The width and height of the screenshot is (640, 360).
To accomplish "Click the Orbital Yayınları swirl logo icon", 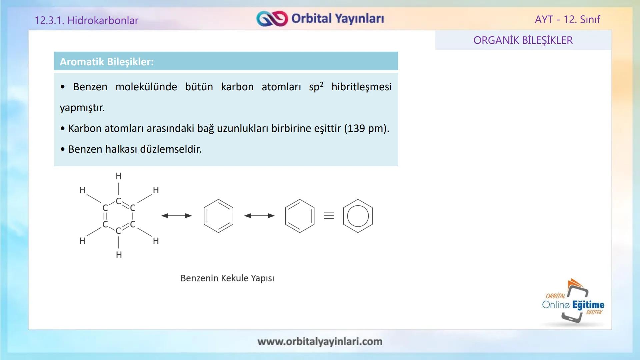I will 272,19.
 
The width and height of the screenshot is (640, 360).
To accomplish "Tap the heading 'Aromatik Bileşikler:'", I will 107,62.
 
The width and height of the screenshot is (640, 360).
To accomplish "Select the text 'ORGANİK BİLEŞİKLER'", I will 523,40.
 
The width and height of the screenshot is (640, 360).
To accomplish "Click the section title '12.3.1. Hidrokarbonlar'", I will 86,20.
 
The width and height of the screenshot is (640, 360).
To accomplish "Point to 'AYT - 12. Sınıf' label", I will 567,19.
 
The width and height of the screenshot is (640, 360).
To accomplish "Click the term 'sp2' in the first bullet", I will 316,87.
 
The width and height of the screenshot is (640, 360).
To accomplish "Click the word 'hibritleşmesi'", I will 361,87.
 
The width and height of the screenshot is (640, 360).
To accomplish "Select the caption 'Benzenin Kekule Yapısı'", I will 227,278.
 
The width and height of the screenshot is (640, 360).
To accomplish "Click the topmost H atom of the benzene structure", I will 119,176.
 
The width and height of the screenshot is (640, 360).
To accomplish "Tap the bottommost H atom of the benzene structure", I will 119,255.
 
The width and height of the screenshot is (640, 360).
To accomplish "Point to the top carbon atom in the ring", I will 118,201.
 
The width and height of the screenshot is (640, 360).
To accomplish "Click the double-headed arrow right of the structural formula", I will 176,216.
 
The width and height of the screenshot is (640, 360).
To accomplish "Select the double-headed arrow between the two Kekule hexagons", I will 259,216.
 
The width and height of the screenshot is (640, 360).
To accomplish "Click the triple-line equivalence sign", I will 329,216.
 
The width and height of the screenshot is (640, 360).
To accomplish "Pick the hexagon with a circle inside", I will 358,216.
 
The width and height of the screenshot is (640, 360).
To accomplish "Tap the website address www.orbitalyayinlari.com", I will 320,341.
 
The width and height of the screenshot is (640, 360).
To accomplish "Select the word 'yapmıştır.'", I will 82,108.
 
